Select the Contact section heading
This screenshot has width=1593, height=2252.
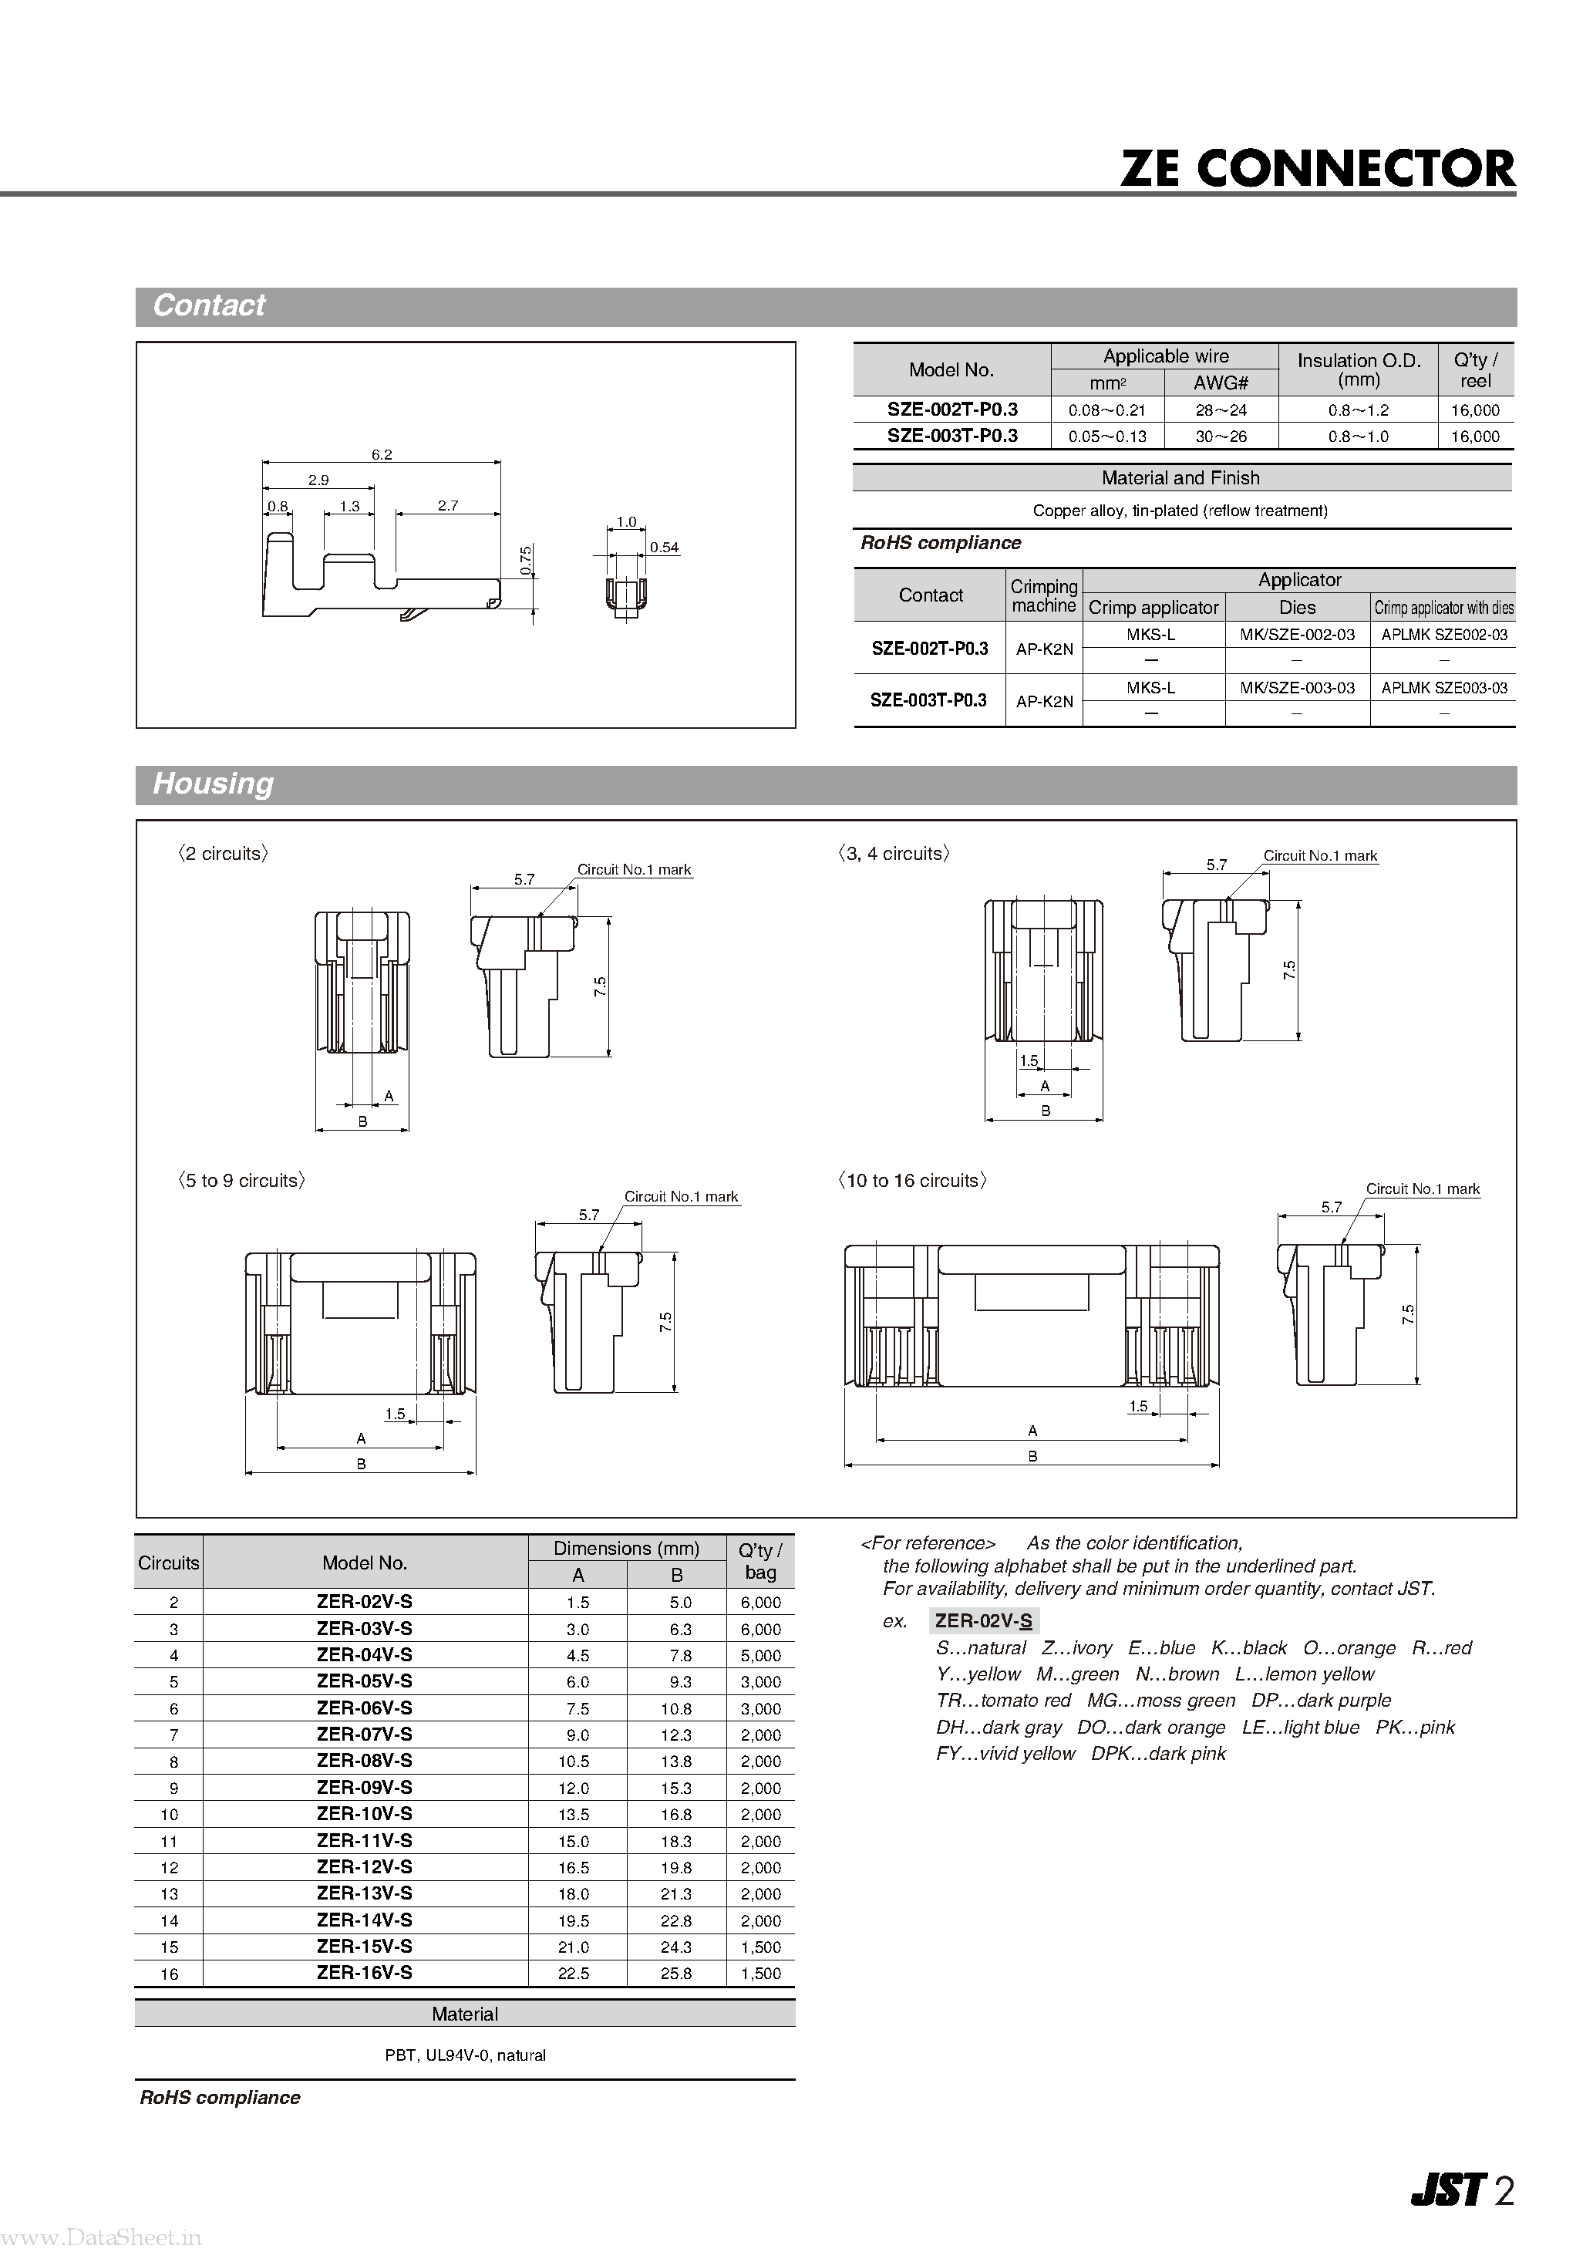click(x=209, y=306)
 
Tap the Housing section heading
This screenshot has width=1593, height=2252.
click(x=213, y=784)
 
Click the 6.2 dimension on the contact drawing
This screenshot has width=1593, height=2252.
click(x=382, y=454)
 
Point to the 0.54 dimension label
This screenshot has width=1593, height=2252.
click(x=664, y=548)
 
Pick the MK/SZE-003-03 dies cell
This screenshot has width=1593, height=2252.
click(x=1297, y=688)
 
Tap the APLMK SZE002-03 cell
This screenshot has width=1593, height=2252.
click(x=1444, y=635)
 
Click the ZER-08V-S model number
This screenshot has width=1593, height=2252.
click(x=364, y=1761)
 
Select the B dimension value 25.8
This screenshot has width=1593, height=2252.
click(x=676, y=1974)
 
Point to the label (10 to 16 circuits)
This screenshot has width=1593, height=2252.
click(x=912, y=1181)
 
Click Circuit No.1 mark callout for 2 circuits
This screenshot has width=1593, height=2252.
click(x=634, y=870)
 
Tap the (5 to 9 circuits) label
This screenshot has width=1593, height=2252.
click(x=241, y=1181)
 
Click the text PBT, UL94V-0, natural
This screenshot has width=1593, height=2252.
click(x=465, y=2055)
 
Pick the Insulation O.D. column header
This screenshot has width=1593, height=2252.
click(x=1359, y=369)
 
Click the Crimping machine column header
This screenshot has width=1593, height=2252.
click(x=1044, y=595)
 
